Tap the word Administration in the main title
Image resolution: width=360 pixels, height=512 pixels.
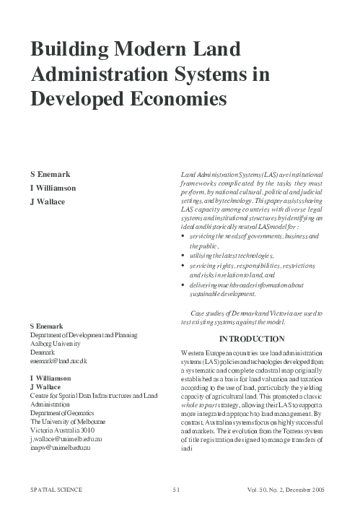(x=96, y=74)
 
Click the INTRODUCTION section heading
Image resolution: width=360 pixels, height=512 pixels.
(x=251, y=338)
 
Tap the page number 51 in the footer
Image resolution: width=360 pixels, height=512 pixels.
(x=175, y=490)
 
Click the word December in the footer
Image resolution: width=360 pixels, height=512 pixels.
(x=290, y=490)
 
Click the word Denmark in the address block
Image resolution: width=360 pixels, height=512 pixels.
(x=41, y=351)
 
